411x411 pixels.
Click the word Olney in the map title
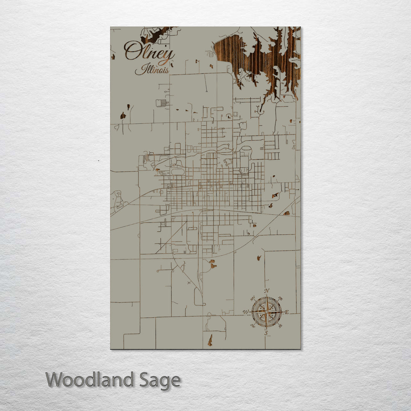point(149,53)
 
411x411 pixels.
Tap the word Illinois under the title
point(152,70)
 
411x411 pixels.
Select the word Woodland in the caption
point(90,380)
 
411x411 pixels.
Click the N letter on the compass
point(267,291)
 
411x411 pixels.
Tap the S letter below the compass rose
point(266,333)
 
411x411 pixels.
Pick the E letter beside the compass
point(287,312)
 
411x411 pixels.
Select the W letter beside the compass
point(246,312)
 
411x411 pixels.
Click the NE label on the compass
point(281,298)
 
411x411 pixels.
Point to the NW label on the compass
point(252,298)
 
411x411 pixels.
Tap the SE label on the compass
point(281,326)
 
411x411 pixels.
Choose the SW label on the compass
point(252,326)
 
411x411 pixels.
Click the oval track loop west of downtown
point(178,172)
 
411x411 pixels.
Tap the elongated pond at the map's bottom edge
point(210,340)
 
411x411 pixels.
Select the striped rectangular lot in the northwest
point(161,103)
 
